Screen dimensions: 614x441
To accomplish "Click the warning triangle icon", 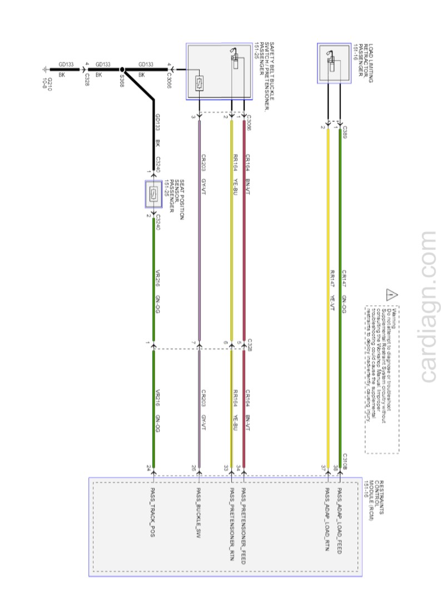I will (x=393, y=295).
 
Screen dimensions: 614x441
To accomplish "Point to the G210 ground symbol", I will (x=45, y=70).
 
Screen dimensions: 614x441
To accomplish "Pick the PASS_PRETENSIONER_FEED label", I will (x=243, y=526).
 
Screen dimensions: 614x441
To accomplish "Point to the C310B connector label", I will (x=345, y=462).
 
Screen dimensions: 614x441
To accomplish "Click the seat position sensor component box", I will (x=153, y=194).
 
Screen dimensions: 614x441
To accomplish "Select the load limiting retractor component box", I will (x=334, y=63).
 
